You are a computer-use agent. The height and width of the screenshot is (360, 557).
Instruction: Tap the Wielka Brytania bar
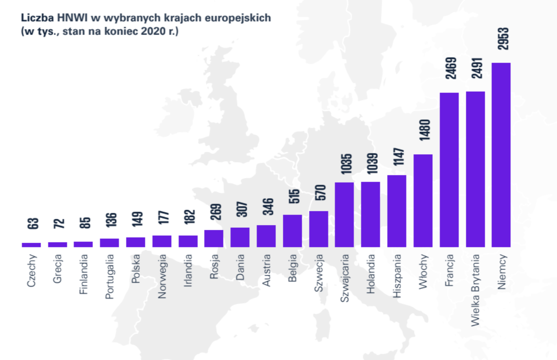tap(475, 169)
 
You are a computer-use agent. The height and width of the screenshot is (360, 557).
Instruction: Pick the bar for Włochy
tap(423, 200)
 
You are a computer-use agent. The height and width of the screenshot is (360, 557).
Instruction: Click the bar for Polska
tap(135, 242)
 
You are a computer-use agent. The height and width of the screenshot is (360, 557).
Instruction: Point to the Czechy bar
tap(31, 245)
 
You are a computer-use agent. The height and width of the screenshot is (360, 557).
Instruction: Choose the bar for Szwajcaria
tap(344, 214)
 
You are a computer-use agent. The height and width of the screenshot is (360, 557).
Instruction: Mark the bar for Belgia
tap(292, 231)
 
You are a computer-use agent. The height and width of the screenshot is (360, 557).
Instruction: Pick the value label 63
tap(33, 223)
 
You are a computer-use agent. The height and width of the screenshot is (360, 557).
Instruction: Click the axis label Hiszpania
tap(397, 276)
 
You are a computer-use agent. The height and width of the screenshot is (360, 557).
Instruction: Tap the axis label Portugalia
tap(109, 277)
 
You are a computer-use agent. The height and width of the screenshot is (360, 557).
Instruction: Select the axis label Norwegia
tap(162, 276)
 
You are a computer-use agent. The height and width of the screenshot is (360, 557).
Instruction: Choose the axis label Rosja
tap(214, 267)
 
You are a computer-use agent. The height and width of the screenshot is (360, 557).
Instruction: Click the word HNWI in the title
tap(72, 18)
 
